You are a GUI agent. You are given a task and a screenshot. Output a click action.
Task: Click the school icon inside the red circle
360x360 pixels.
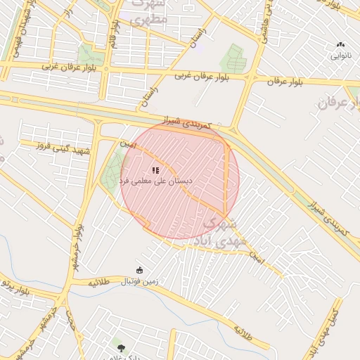pos(155,170)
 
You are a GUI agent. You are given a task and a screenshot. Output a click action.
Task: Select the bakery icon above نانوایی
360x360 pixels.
pos(341,44)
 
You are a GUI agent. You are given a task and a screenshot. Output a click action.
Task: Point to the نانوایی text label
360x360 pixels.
pos(341,54)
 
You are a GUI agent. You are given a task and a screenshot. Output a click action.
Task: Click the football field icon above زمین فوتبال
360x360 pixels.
pos(139,270)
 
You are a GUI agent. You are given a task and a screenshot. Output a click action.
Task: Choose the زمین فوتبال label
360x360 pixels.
pos(140,281)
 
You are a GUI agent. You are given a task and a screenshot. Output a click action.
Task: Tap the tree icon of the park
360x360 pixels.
pos(120,346)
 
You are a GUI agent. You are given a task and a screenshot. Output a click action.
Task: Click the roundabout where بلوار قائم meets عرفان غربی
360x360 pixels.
pos(105,67)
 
